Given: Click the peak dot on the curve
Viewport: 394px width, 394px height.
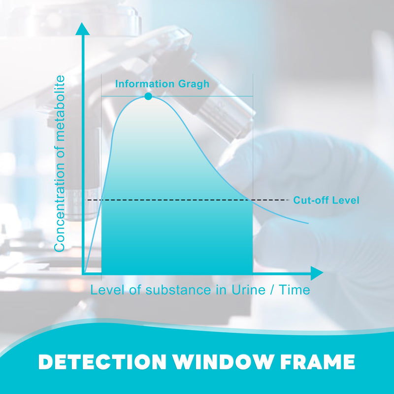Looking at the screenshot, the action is pyautogui.click(x=148, y=96).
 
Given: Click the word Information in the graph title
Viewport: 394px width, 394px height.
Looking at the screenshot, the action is pyautogui.click(x=145, y=84).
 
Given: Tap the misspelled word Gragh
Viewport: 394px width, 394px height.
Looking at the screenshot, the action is pyautogui.click(x=194, y=84).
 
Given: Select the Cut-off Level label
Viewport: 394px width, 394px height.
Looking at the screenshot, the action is pyautogui.click(x=326, y=200).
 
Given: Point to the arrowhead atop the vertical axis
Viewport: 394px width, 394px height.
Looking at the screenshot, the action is pyautogui.click(x=82, y=29).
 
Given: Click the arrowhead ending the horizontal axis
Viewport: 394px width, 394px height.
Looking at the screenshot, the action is pyautogui.click(x=317, y=273).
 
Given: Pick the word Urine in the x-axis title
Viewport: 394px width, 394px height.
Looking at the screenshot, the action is pyautogui.click(x=248, y=290).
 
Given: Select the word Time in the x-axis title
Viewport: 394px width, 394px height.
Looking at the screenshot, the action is pyautogui.click(x=295, y=290).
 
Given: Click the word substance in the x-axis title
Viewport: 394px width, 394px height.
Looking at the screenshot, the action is pyautogui.click(x=178, y=290).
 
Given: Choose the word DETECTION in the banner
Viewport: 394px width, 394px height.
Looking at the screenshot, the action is pyautogui.click(x=102, y=361).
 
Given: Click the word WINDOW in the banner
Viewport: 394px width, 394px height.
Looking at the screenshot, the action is pyautogui.click(x=223, y=361).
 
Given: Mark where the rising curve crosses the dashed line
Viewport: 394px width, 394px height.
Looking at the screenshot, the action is pyautogui.click(x=101, y=200).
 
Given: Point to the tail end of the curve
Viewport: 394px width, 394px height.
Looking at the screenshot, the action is pyautogui.click(x=308, y=223).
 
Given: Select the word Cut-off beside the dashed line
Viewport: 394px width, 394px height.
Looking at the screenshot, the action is pyautogui.click(x=311, y=200).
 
